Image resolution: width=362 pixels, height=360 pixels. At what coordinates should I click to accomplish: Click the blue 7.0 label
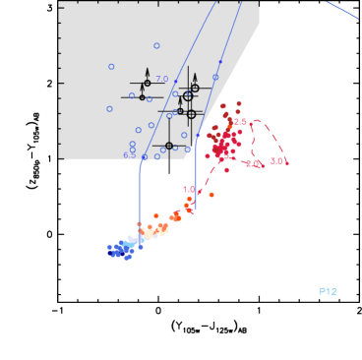pyautogui.click(x=162, y=79)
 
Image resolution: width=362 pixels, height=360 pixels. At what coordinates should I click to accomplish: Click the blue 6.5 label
pyautogui.click(x=130, y=155)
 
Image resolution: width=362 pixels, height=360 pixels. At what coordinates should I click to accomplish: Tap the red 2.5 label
pyautogui.click(x=240, y=121)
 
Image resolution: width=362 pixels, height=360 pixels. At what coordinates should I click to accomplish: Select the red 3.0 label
pyautogui.click(x=277, y=160)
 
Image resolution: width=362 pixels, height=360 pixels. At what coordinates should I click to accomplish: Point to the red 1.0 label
pyautogui.click(x=188, y=189)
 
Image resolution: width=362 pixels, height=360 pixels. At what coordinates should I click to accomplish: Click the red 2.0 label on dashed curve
pyautogui.click(x=253, y=163)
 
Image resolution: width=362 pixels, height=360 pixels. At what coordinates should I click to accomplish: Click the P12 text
pyautogui.click(x=328, y=291)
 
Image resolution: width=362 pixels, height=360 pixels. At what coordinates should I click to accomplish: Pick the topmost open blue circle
pyautogui.click(x=156, y=45)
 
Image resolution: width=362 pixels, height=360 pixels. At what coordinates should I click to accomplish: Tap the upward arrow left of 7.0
pyautogui.click(x=148, y=76)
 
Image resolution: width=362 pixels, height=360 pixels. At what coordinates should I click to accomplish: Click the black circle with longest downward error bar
pyautogui.click(x=169, y=146)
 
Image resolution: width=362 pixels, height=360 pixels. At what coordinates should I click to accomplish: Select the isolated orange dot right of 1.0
pyautogui.click(x=211, y=195)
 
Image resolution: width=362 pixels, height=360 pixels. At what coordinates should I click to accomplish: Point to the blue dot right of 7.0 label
pyautogui.click(x=175, y=81)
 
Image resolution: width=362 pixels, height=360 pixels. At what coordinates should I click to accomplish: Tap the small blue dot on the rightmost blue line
pyautogui.click(x=219, y=62)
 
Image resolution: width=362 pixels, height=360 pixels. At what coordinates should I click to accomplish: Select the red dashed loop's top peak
pyautogui.click(x=258, y=122)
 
